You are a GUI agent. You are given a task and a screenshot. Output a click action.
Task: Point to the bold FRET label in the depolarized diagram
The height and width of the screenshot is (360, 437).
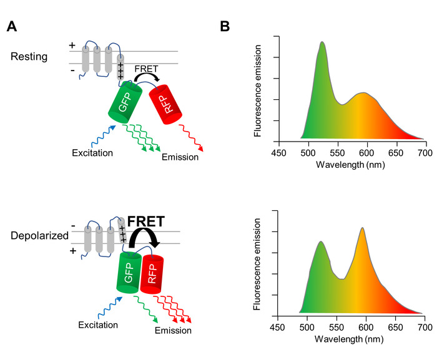(145, 221)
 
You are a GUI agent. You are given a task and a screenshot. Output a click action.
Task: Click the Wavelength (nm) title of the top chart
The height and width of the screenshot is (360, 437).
(350, 165)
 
